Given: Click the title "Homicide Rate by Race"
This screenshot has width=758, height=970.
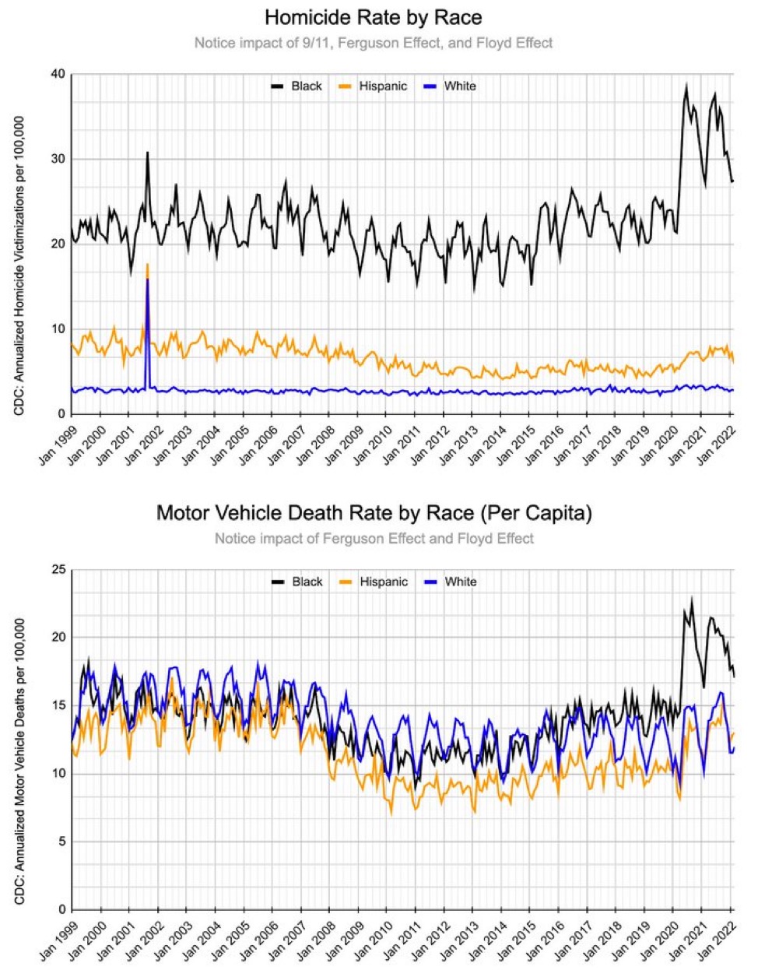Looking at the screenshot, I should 374,18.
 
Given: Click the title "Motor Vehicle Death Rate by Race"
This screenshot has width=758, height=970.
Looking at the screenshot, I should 374,513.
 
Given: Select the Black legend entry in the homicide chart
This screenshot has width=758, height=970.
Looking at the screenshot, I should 297,86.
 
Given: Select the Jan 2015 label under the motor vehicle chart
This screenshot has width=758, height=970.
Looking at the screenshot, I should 514,941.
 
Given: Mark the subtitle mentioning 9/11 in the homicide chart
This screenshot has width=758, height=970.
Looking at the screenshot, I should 374,43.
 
